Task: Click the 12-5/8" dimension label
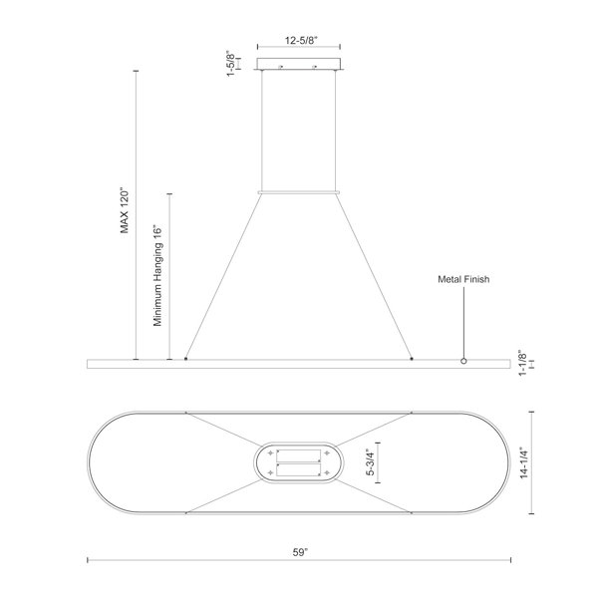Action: (x=301, y=40)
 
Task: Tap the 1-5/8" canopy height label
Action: (x=231, y=64)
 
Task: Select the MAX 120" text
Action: (x=125, y=210)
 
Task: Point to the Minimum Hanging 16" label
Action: (x=157, y=275)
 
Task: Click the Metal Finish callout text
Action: (x=463, y=279)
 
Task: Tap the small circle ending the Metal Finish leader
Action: (x=463, y=361)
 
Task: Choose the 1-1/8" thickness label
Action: (x=522, y=363)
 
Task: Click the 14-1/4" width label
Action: (x=524, y=462)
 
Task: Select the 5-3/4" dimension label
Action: (x=371, y=462)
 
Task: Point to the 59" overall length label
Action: (x=300, y=552)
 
